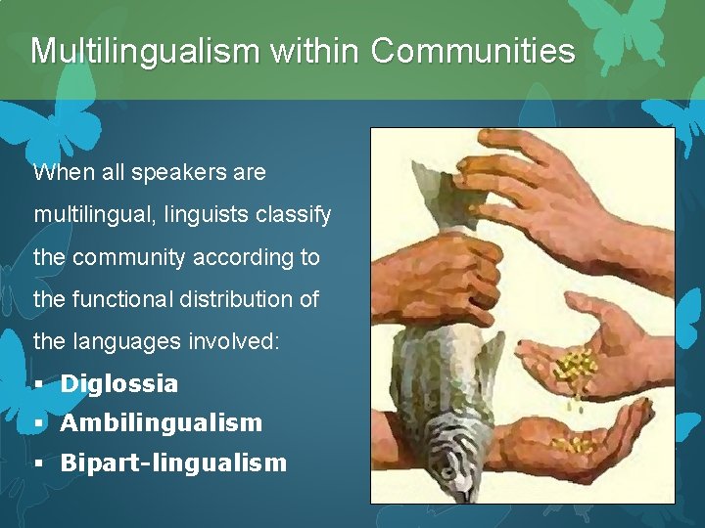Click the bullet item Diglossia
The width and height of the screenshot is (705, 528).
[x=119, y=384]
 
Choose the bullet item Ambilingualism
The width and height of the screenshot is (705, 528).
[x=162, y=423]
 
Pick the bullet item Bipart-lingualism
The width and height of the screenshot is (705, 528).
[x=173, y=462]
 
